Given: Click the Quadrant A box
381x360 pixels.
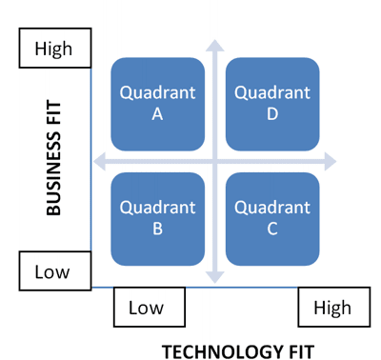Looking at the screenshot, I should (x=158, y=104).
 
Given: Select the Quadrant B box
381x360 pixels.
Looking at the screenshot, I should (x=158, y=218).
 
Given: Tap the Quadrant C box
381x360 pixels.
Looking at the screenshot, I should (x=272, y=218).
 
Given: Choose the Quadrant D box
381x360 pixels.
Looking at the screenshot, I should (x=272, y=104).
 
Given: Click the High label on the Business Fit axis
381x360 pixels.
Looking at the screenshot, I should (x=53, y=49).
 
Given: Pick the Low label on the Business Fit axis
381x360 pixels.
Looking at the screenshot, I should (x=53, y=271).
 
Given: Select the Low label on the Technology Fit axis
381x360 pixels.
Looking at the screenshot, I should (x=147, y=308).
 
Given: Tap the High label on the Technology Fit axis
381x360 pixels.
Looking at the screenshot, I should (x=332, y=308).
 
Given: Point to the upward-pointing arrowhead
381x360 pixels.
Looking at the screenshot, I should (x=215, y=46).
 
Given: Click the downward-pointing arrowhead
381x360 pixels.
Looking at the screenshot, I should (x=215, y=276).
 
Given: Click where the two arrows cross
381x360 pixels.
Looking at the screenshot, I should (x=215, y=161).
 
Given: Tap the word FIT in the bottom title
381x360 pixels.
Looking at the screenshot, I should (x=298, y=350).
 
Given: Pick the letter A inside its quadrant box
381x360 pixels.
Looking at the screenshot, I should (x=158, y=113).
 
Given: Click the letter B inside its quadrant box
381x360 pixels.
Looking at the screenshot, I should (x=158, y=229).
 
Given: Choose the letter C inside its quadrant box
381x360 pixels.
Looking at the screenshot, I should (x=272, y=229).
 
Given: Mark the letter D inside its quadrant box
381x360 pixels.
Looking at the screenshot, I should (x=272, y=113).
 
